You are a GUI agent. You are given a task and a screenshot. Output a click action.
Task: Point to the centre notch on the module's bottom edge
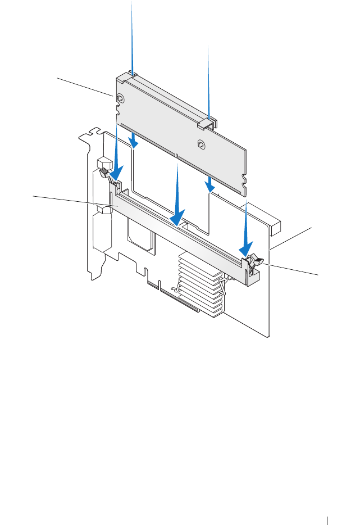pyautogui.click(x=176, y=156)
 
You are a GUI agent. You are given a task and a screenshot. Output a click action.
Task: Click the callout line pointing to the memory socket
pyautogui.click(x=73, y=201)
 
